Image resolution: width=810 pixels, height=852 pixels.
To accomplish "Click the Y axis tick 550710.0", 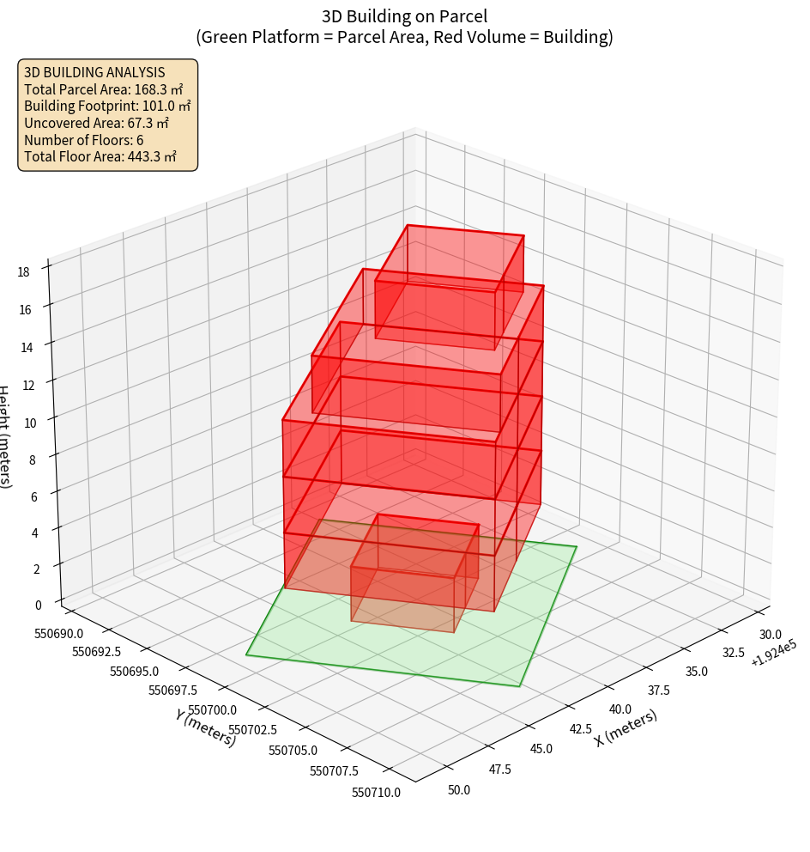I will [x=376, y=792].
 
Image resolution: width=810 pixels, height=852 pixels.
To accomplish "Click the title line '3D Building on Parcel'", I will [x=404, y=15].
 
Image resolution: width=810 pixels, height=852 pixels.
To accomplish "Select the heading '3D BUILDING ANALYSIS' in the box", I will [x=94, y=72].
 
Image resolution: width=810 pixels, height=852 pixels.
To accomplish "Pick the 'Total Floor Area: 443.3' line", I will [x=100, y=156].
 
